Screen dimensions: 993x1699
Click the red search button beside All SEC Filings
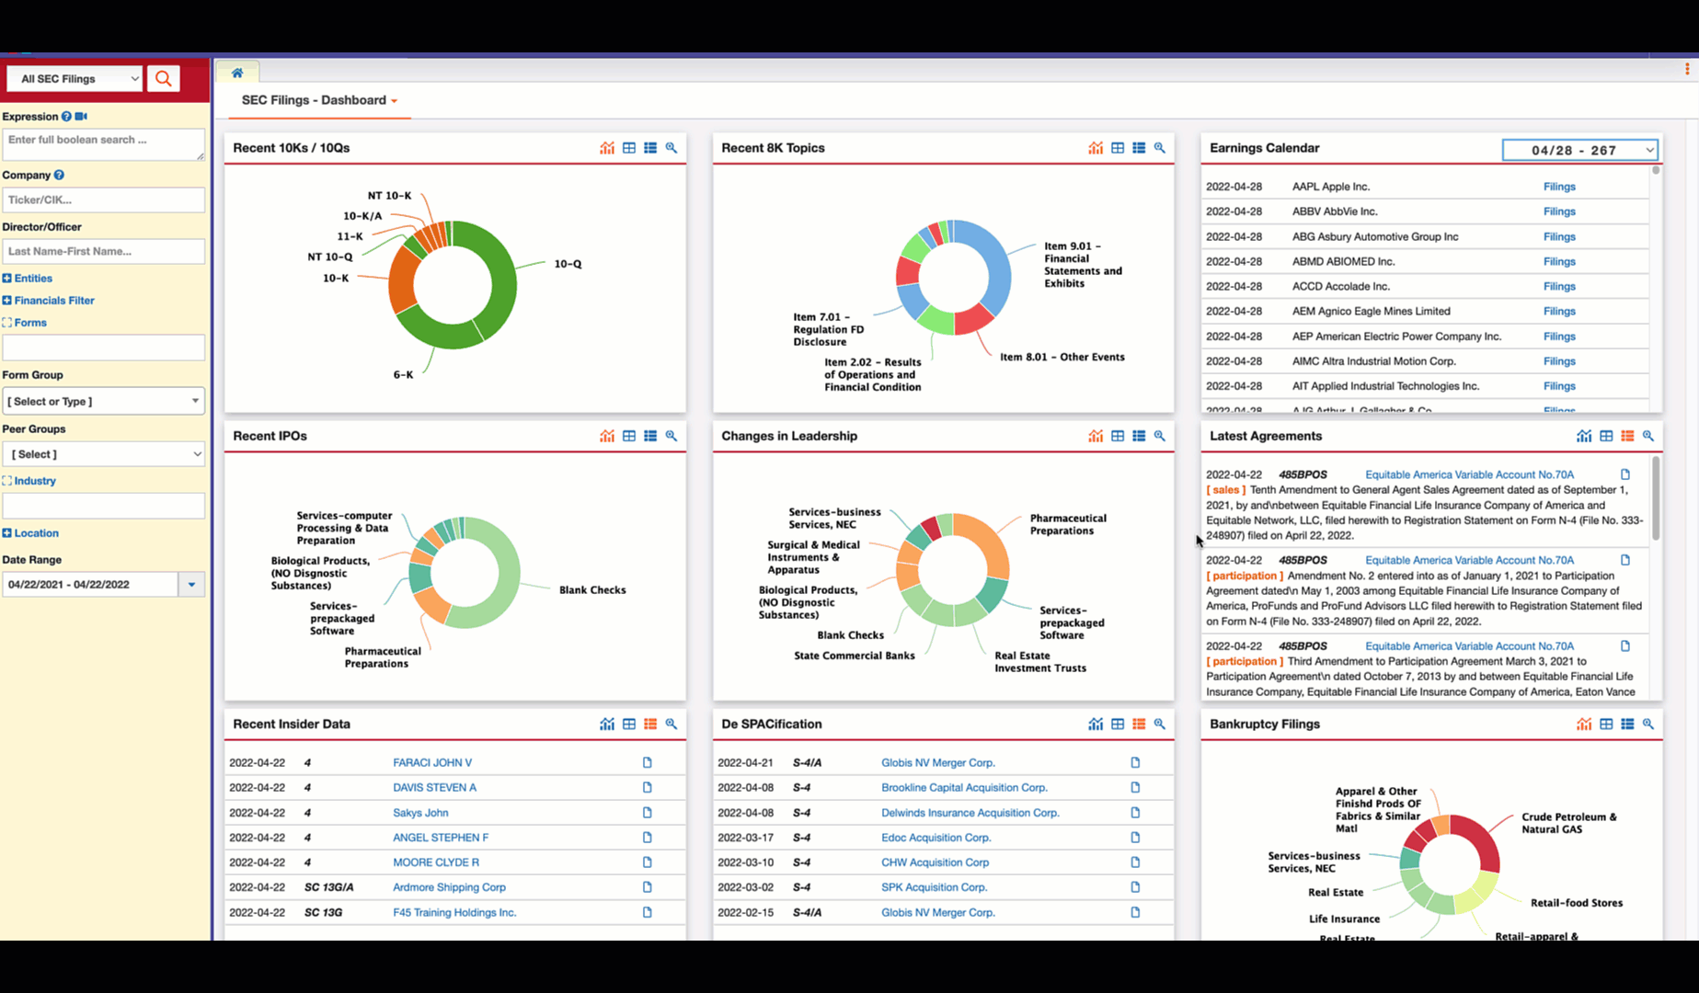click(x=163, y=79)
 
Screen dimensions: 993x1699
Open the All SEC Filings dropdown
click(x=75, y=79)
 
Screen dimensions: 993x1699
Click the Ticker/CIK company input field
click(x=103, y=200)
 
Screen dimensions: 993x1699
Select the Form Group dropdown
click(x=103, y=401)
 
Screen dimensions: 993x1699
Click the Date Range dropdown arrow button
click(x=191, y=585)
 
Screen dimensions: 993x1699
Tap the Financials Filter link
click(x=53, y=301)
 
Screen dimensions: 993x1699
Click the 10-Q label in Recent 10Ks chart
click(x=567, y=264)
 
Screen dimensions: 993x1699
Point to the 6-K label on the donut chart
click(x=403, y=375)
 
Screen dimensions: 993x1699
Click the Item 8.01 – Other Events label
click(x=1062, y=357)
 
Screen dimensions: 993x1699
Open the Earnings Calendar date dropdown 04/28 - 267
click(x=1578, y=150)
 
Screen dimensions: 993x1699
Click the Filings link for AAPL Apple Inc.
click(x=1558, y=187)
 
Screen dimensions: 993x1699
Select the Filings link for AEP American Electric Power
click(x=1558, y=337)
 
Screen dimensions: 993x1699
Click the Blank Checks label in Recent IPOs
click(x=591, y=590)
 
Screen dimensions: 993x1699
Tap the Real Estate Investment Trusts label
click(x=1039, y=662)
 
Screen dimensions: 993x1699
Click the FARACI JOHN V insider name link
click(x=431, y=762)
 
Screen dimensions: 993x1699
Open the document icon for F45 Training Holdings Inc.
click(x=647, y=912)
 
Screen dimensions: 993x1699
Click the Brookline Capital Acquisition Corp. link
click(x=963, y=788)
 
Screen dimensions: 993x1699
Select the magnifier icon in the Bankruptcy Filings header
click(x=1647, y=725)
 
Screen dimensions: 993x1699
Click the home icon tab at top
click(x=237, y=73)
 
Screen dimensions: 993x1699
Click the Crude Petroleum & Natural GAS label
click(x=1567, y=823)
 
